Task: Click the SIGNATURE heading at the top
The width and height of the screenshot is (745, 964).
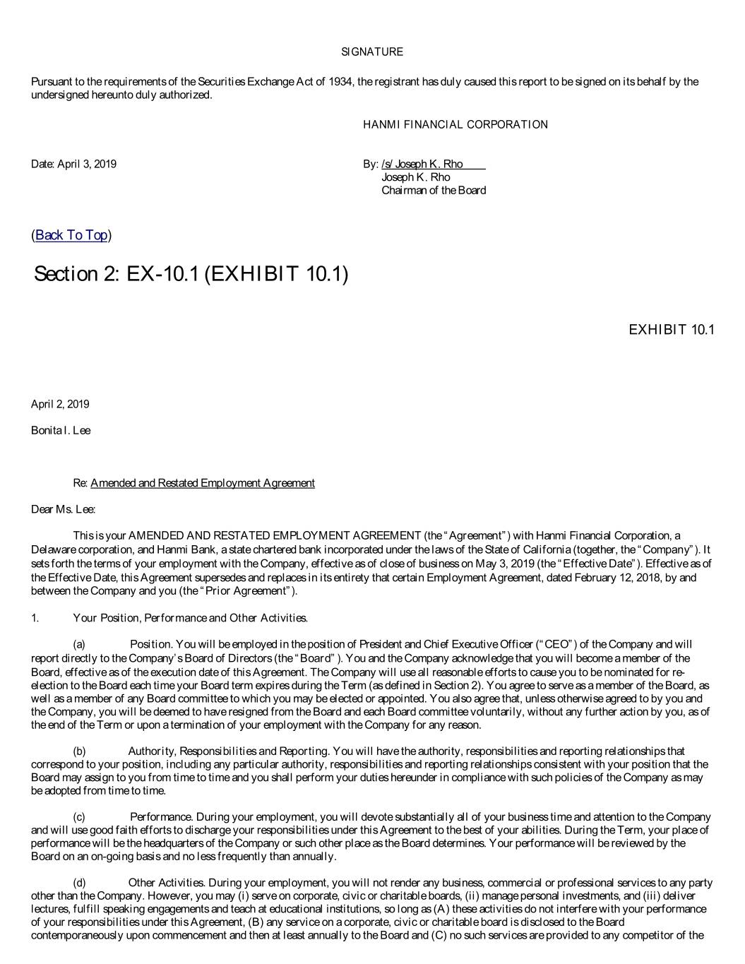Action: [x=372, y=52]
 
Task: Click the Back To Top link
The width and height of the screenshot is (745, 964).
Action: [x=71, y=235]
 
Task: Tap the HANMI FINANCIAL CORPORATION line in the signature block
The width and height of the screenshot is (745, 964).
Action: [x=455, y=125]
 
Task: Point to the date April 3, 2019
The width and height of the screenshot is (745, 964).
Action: [x=73, y=165]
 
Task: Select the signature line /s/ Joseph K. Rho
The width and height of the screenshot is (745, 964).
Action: [x=422, y=165]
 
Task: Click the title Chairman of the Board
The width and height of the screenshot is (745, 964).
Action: [x=434, y=190]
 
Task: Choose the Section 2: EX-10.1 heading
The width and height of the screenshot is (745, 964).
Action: [x=191, y=274]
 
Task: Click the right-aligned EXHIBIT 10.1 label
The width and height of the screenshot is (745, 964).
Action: [x=671, y=330]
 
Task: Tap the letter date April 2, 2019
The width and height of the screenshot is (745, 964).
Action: [x=60, y=405]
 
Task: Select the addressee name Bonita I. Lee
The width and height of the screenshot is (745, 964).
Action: [x=61, y=431]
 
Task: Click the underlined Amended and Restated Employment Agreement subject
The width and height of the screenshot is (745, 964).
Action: [x=203, y=483]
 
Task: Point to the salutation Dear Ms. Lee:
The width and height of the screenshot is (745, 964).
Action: [x=63, y=509]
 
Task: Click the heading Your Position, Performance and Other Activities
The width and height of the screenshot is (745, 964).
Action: [x=190, y=619]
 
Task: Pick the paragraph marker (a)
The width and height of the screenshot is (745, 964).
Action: [x=79, y=645]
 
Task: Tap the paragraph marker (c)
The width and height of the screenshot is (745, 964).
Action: [x=79, y=817]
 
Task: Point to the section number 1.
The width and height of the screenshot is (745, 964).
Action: [x=35, y=619]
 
